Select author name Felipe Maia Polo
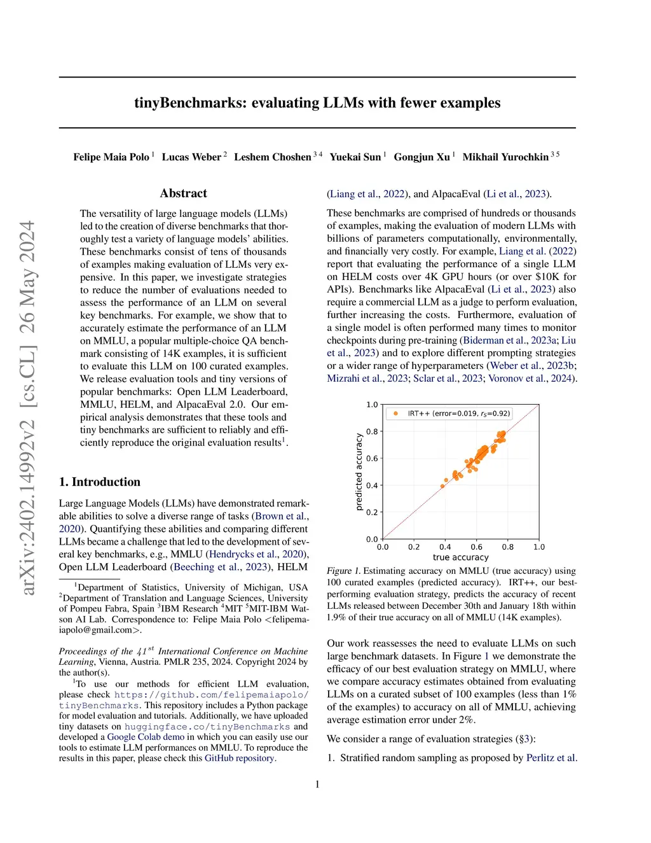click(111, 157)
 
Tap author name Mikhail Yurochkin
click(505, 157)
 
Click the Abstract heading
click(183, 193)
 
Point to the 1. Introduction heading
click(100, 482)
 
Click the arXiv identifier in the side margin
click(27, 407)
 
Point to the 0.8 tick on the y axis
click(372, 431)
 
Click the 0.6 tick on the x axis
click(476, 547)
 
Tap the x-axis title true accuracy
click(460, 557)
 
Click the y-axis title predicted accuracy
click(359, 471)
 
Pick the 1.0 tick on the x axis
click(539, 547)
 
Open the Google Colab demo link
click(146, 737)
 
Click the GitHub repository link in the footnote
click(239, 758)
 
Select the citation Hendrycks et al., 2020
click(257, 554)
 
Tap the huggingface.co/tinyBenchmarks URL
click(207, 727)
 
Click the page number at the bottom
click(317, 784)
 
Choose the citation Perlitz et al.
click(551, 758)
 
